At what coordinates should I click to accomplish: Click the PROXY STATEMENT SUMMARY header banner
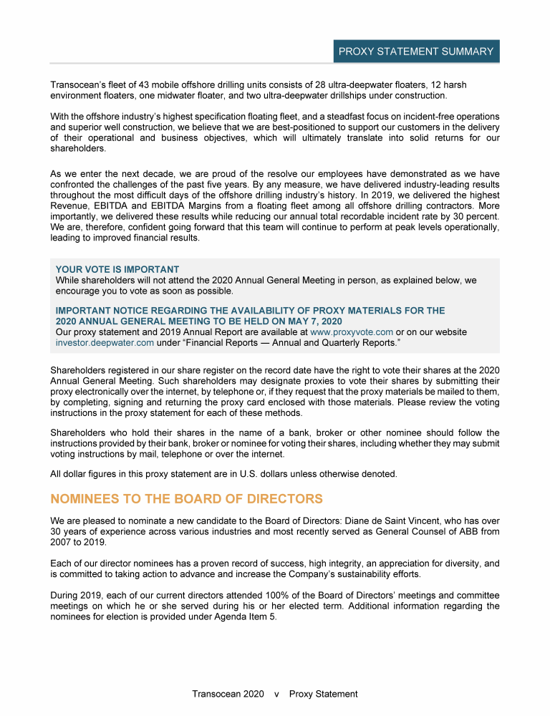415,52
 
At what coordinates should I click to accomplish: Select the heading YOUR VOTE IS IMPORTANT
117,270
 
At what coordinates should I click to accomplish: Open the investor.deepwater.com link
105,343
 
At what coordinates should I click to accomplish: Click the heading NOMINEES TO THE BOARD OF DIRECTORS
186,499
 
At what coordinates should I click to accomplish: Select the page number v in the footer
276,694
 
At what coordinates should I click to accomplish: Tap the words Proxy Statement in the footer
324,694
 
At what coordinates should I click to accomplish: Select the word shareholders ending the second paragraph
78,149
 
